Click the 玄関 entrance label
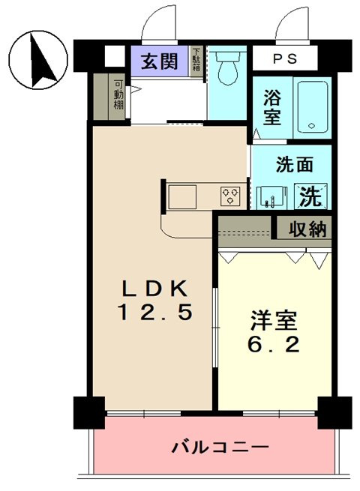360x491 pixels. point(159,61)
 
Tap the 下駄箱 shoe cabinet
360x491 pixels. point(196,61)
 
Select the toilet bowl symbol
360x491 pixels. point(228,68)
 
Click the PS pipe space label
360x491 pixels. point(285,58)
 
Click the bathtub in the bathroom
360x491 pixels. point(313,107)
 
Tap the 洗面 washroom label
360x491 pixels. point(294,164)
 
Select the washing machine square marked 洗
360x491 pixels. point(310,196)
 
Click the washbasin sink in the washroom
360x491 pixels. point(271,198)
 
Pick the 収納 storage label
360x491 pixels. point(307,229)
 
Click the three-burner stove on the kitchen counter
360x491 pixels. point(230,196)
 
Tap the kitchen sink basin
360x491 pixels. point(182,196)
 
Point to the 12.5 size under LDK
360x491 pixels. point(154,312)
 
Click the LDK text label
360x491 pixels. point(155,288)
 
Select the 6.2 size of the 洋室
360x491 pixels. point(274,344)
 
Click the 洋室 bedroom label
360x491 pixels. point(274,320)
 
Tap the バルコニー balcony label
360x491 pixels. point(220,448)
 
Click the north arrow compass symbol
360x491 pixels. point(38,60)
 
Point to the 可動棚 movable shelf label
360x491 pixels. point(118,95)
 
